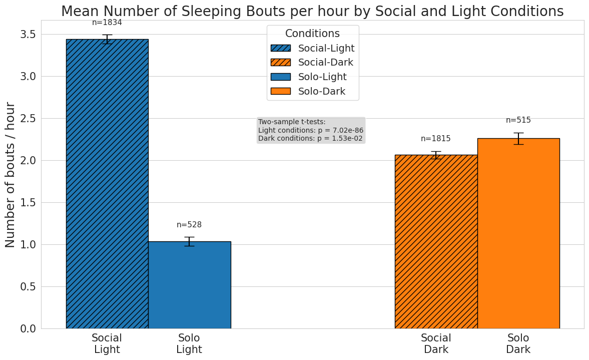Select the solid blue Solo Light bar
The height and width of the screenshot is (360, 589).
pos(189,285)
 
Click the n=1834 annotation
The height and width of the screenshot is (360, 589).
pos(107,23)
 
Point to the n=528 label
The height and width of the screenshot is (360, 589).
pos(189,225)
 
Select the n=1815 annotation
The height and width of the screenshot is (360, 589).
pos(436,139)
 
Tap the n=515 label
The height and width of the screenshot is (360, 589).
pos(518,120)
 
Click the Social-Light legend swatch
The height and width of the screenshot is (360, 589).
pos(280,48)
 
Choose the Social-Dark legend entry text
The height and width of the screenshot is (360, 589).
pos(326,63)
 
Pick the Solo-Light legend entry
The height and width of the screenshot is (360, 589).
pos(322,77)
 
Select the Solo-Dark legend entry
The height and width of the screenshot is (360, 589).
pos(322,91)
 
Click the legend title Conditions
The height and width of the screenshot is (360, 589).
pos(312,34)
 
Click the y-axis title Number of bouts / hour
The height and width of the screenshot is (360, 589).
pos(11,174)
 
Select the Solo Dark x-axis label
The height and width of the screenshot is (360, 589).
pos(518,343)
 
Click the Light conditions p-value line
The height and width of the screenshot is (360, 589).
pos(311,130)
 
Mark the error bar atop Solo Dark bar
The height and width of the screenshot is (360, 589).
pos(518,138)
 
